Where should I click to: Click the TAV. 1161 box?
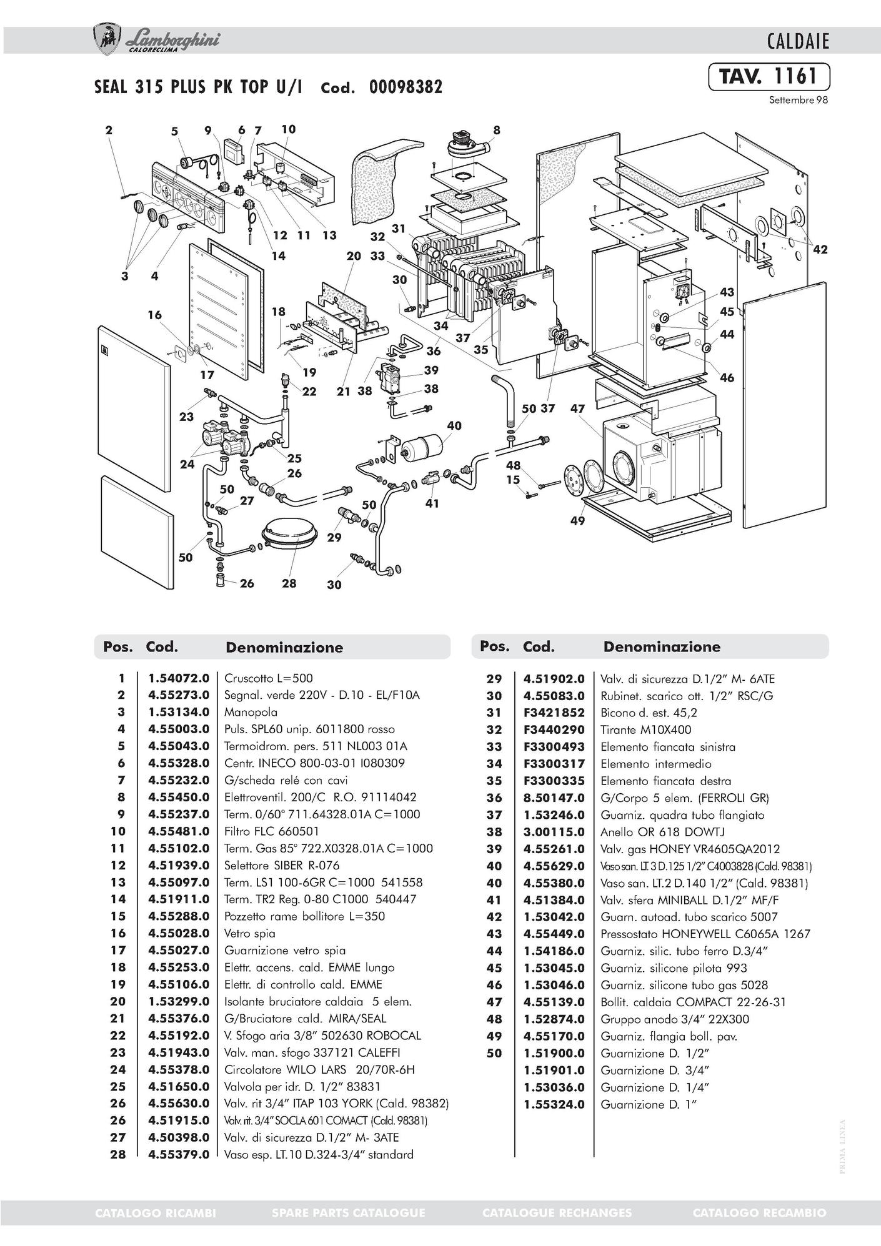point(769,76)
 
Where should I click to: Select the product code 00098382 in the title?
point(406,87)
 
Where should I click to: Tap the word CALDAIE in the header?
point(798,42)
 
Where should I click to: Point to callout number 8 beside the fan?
point(497,130)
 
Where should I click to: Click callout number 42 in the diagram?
point(820,249)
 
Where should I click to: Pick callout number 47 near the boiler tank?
point(577,408)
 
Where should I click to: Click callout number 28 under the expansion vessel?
point(289,583)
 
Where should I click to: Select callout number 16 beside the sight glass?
point(154,315)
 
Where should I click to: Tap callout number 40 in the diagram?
point(454,425)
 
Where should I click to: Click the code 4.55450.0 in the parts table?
point(178,797)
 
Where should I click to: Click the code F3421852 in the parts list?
point(554,713)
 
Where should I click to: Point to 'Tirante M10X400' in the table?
point(646,729)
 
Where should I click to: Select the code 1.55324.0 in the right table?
point(554,1104)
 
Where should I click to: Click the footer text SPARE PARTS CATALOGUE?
point(349,1212)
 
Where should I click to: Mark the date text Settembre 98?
point(799,100)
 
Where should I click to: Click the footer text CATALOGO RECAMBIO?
point(759,1212)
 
